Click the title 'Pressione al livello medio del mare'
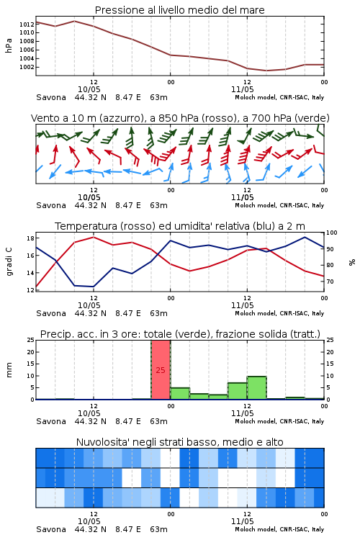pos(180,10)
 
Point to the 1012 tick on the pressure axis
pos(27,24)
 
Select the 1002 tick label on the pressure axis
pos(27,67)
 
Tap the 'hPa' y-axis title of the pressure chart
pos(9,45)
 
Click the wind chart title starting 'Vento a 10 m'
pos(180,118)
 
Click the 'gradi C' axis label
pos(9,262)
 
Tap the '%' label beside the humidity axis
pos(352,262)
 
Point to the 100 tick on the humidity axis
pos(332,233)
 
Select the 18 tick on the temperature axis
pos(30,238)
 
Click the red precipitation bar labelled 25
pos(161,370)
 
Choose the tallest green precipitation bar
pos(256,388)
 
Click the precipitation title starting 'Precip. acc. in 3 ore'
pos(180,334)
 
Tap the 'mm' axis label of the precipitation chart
pos(9,370)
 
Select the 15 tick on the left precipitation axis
pos(30,364)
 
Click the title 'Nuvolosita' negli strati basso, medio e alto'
pos(180,442)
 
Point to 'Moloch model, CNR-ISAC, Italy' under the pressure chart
pos(279,97)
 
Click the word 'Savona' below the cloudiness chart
pos(51,529)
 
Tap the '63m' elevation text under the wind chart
pos(159,205)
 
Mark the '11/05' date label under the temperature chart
pos(243,305)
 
